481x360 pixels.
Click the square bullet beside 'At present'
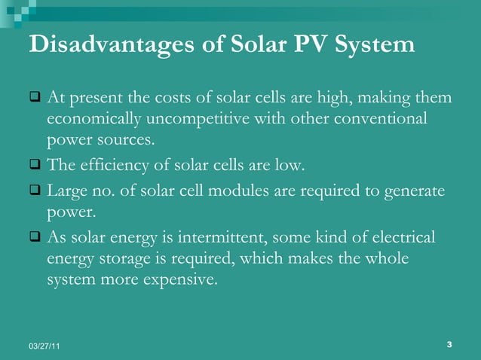click(34, 99)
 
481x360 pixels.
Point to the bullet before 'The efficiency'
click(34, 165)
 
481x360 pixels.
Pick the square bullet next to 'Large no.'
click(34, 191)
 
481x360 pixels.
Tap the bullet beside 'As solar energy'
click(34, 238)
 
